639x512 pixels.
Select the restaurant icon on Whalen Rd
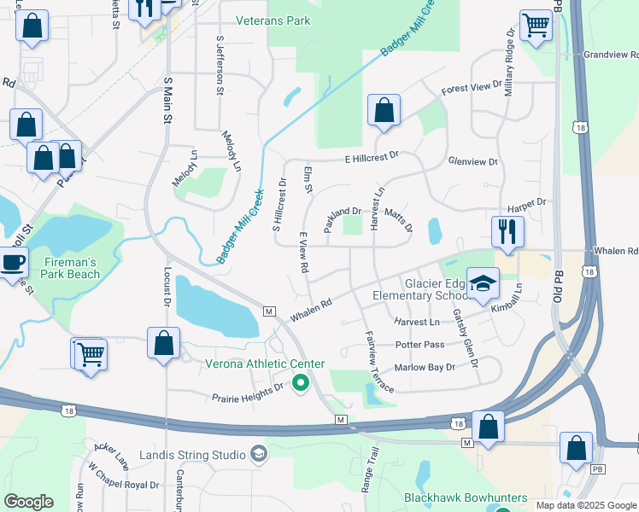coord(507,230)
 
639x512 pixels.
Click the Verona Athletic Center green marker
coord(300,383)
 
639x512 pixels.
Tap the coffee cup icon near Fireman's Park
coord(11,262)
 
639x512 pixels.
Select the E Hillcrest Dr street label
coord(372,158)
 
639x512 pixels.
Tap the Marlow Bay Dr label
coord(425,367)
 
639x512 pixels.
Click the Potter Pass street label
coord(419,345)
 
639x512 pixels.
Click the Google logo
coord(28,502)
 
